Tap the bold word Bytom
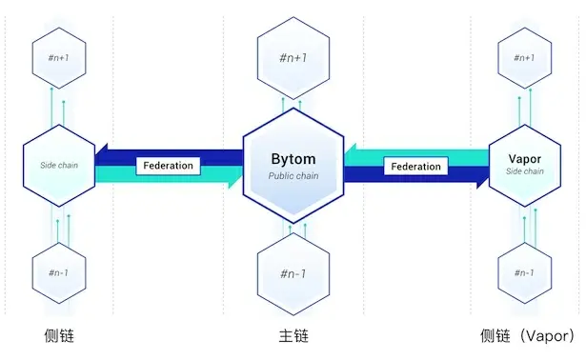coord(293,159)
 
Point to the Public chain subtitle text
coord(293,176)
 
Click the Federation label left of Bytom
coord(169,165)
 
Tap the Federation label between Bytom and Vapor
coord(416,167)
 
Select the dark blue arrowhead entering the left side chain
coord(103,155)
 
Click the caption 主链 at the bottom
coord(293,336)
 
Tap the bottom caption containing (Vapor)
coord(528,336)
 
